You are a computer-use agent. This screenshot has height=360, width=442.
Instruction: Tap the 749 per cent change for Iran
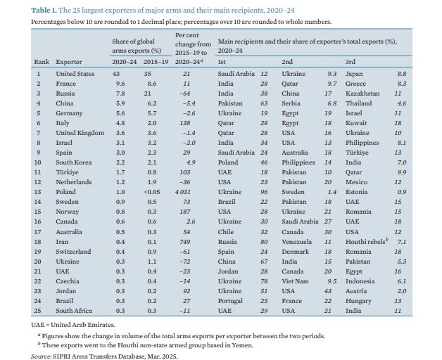tap(186, 241)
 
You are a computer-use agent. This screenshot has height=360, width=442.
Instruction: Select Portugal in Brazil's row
tap(229, 300)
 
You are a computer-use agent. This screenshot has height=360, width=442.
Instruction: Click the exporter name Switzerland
tap(73, 251)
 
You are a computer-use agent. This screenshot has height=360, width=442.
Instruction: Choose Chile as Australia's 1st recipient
tap(225, 231)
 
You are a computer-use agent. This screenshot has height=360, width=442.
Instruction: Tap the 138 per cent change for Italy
tap(186, 122)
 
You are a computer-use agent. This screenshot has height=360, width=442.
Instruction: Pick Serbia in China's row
tap(291, 103)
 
